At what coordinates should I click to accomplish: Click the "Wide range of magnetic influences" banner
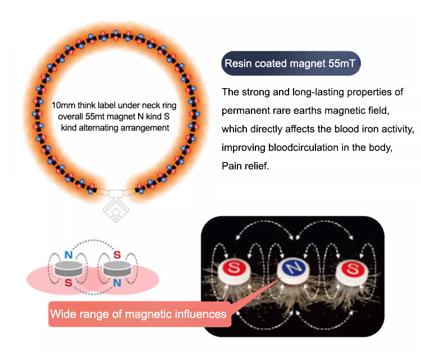[138, 313]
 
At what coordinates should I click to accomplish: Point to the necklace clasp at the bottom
[117, 193]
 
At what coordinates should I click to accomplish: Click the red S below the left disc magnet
[68, 283]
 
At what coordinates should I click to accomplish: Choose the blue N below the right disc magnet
[117, 283]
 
